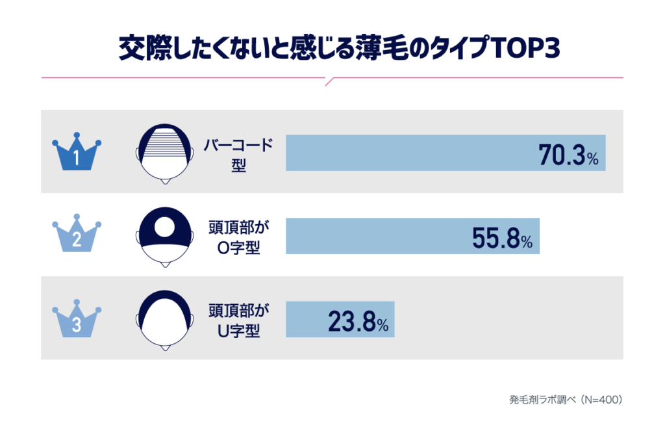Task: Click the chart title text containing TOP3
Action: tap(332, 49)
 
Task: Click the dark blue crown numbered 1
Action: tap(77, 153)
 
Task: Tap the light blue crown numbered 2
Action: tap(77, 235)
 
